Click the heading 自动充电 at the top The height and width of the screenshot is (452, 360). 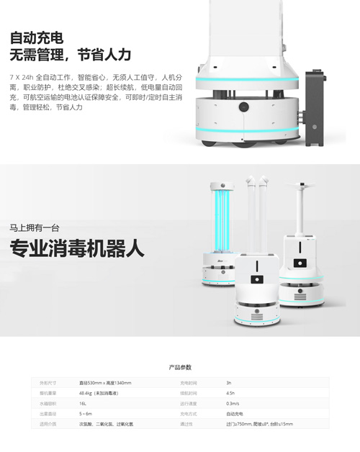coord(35,37)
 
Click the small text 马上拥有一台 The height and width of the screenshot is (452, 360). coord(30,227)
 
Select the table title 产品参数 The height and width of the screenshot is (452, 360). coord(179,367)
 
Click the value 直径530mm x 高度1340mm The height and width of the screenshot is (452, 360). coord(105,383)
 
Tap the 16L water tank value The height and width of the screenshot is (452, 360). coord(84,404)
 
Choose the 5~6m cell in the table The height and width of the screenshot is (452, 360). coord(86,414)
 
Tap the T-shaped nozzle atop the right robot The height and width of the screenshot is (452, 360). coord(301,186)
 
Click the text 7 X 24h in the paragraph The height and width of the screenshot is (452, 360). coord(20,76)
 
